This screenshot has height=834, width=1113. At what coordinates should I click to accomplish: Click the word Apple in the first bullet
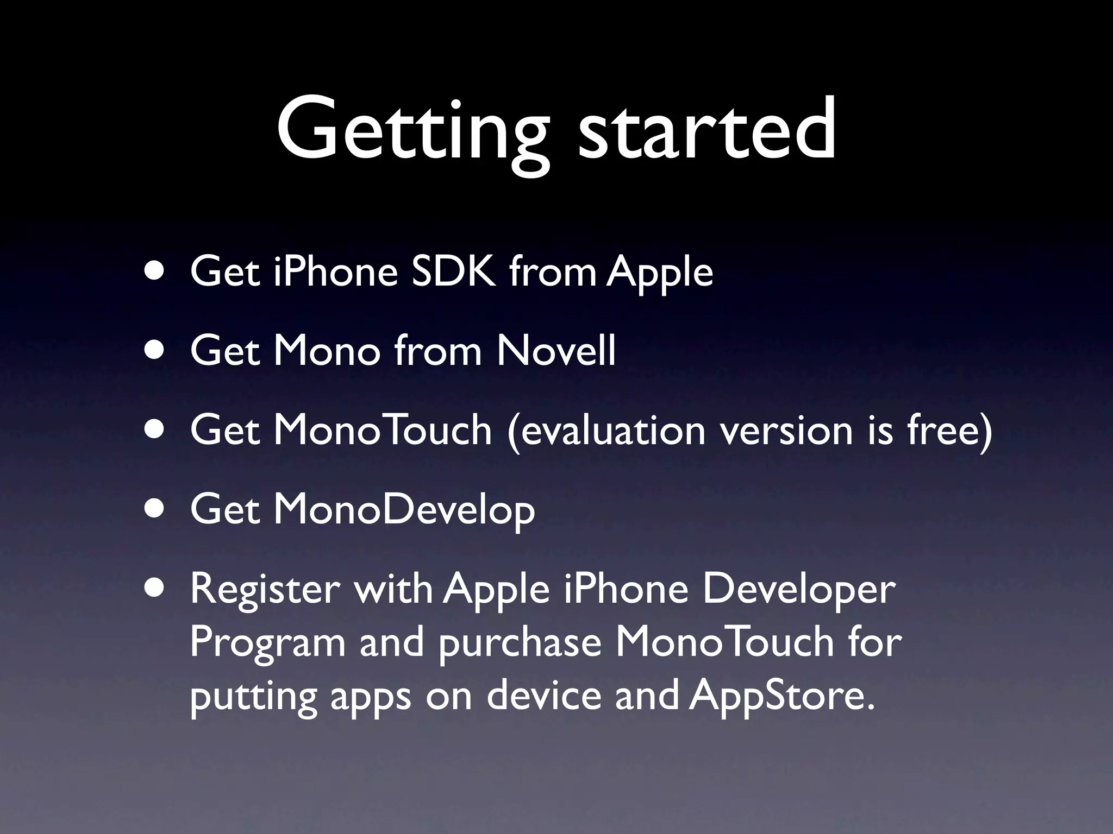tap(659, 273)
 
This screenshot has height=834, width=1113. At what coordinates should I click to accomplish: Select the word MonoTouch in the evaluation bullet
tap(382, 429)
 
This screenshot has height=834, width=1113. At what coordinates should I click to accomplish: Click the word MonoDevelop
tap(404, 510)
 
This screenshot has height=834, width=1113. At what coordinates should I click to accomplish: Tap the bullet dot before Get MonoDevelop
tap(157, 509)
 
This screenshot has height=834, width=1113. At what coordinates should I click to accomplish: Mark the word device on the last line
tap(543, 696)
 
